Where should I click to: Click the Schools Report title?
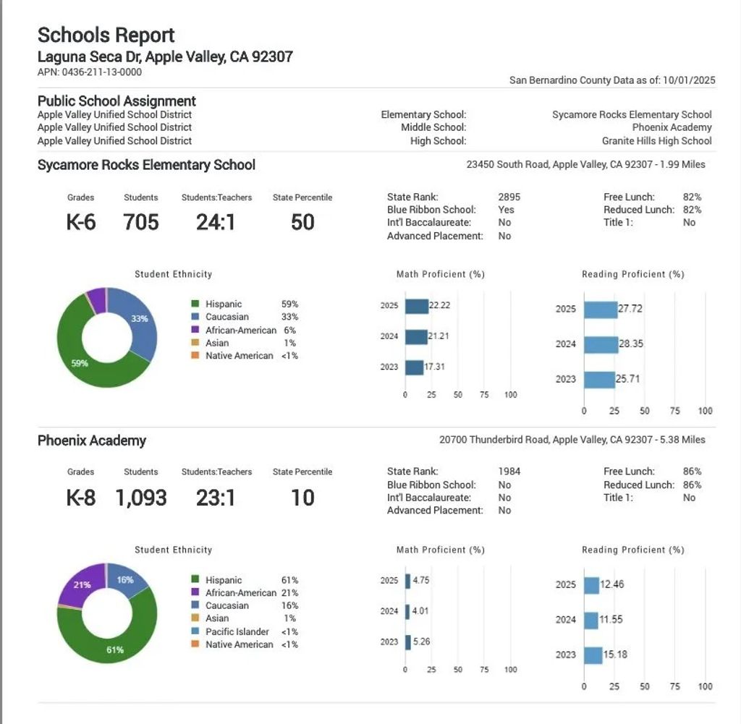coord(106,35)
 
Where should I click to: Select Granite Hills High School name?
coord(656,141)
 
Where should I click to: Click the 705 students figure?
coord(140,221)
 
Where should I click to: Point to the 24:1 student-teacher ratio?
coord(216,221)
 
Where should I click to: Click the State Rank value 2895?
coord(509,197)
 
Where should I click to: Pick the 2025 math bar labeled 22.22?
coord(417,306)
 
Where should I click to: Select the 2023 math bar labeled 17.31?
coord(414,367)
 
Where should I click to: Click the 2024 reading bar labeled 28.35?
coord(601,344)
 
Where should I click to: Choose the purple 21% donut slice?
coord(81,584)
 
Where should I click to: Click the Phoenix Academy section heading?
coord(92,440)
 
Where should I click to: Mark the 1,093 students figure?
coord(140,498)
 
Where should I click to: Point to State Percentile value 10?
coord(302,498)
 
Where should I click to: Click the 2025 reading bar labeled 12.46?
coord(591,585)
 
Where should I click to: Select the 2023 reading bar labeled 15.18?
coord(593,655)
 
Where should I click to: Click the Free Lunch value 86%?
coord(692,472)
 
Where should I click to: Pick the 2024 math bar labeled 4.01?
coord(407,612)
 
